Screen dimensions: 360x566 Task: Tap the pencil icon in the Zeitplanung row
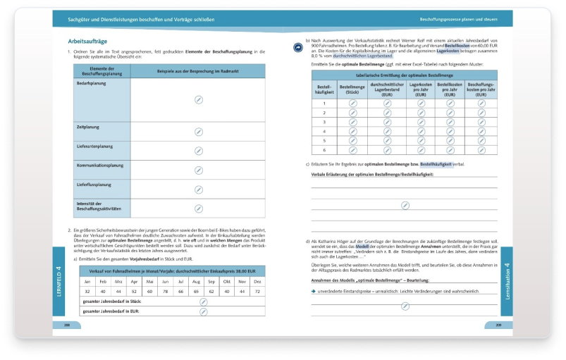(x=199, y=131)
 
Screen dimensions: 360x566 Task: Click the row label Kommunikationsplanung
(x=99, y=166)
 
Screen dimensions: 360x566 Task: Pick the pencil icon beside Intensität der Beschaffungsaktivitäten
(x=199, y=208)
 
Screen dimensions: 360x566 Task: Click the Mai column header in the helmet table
(x=149, y=281)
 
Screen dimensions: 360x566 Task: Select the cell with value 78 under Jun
(x=164, y=291)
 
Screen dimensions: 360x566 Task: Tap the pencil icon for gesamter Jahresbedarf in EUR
(x=203, y=311)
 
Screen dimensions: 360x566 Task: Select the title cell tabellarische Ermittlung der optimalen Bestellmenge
(x=405, y=75)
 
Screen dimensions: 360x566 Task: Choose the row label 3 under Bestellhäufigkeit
(x=324, y=122)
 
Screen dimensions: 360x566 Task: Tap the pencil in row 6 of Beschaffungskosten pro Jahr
(x=482, y=150)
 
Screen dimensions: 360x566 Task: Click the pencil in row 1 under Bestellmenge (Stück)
(x=352, y=104)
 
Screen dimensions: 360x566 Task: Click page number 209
(x=498, y=326)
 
